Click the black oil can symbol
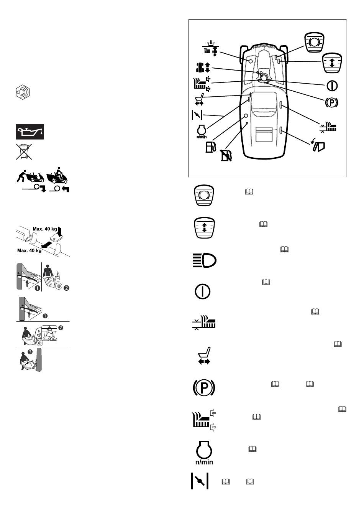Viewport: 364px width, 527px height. click(30, 132)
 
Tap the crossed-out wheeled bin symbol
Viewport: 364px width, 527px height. click(24, 152)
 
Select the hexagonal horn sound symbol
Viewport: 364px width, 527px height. click(23, 92)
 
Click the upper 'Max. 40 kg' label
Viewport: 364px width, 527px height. click(45, 229)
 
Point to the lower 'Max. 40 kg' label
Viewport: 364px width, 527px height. click(29, 250)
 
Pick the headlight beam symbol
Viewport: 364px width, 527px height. click(204, 260)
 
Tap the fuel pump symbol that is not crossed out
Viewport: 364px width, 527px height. click(211, 147)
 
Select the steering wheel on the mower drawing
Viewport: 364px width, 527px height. click(264, 77)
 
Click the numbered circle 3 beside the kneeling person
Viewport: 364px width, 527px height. click(30, 352)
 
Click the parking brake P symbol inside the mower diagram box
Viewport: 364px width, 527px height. click(331, 102)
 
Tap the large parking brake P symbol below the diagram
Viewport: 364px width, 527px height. click(204, 387)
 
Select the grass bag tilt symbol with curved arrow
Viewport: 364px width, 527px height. click(318, 146)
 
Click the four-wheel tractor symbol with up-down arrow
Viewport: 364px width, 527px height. click(203, 67)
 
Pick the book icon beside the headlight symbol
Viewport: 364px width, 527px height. click(284, 249)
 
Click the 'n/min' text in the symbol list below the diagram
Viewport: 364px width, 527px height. click(204, 462)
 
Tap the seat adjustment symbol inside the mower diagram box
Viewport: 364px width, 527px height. click(199, 99)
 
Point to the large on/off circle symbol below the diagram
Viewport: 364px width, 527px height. click(202, 291)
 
